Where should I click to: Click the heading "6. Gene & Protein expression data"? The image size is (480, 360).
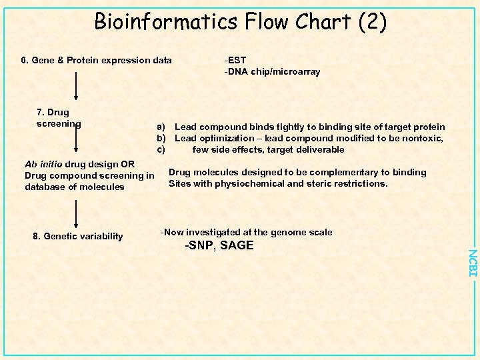[96, 61]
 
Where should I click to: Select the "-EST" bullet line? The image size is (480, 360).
[235, 61]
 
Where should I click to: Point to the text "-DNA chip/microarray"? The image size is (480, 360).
[272, 71]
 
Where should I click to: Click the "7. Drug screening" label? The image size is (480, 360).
[58, 118]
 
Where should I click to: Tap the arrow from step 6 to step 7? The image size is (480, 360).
[77, 87]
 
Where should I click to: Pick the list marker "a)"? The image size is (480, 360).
[161, 127]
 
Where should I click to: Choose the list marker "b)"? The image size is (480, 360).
[161, 138]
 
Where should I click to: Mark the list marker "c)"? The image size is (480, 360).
[161, 149]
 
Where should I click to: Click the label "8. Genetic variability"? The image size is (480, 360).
[78, 236]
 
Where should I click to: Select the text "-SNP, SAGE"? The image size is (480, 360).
[219, 245]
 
